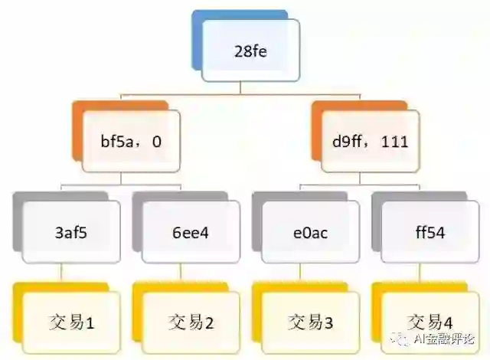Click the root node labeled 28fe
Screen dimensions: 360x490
[x=251, y=52]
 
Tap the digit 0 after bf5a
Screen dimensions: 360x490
[x=156, y=142]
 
